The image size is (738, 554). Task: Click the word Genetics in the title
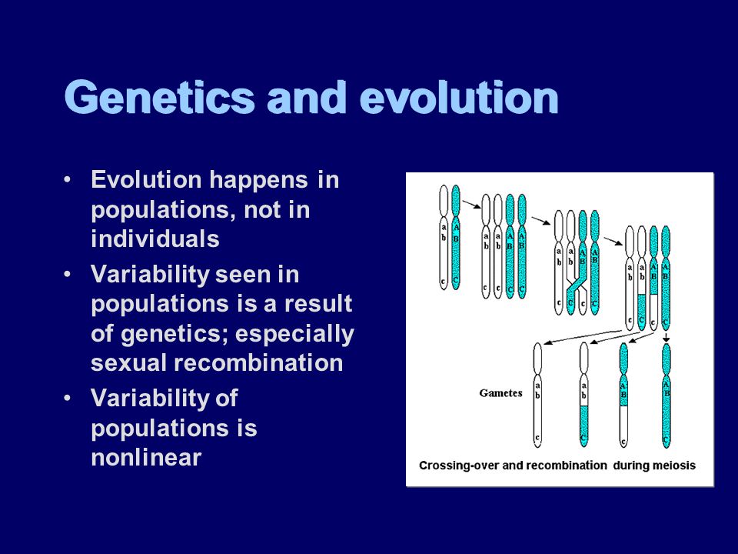[x=160, y=98]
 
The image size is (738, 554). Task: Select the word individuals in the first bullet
[x=155, y=239]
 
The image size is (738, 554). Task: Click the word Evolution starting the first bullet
[x=146, y=179]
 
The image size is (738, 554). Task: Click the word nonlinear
[x=146, y=457]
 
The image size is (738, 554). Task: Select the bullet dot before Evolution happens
[x=68, y=180]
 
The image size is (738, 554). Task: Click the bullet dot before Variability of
[x=68, y=398]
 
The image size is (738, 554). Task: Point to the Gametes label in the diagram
[x=500, y=393]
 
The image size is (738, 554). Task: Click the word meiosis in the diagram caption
[x=673, y=466]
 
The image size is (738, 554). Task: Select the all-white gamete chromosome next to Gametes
[x=537, y=395]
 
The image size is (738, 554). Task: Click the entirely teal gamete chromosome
[x=666, y=395]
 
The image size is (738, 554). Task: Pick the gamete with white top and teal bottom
[x=584, y=395]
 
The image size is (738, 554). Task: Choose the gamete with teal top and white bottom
[x=623, y=395]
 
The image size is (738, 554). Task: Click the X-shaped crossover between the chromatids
[x=577, y=285]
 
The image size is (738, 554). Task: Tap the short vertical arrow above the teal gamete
[x=666, y=337]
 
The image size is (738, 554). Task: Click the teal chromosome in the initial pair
[x=456, y=237]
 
